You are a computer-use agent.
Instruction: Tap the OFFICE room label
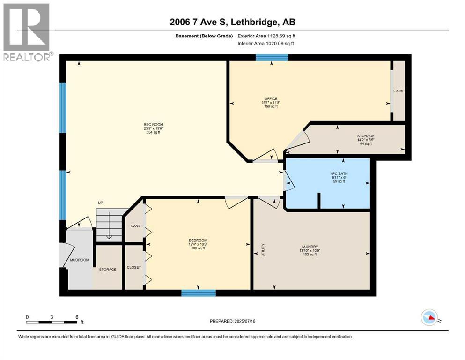tap(271, 99)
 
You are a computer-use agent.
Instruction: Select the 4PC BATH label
tap(339, 174)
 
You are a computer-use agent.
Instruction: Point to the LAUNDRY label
tap(310, 247)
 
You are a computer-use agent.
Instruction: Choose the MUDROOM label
tap(79, 260)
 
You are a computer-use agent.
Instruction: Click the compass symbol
tap(429, 317)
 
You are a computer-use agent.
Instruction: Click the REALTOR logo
tap(26, 32)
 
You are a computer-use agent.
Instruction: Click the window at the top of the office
tap(272, 58)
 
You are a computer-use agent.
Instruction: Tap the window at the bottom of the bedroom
tap(199, 293)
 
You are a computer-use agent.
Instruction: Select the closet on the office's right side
tap(399, 90)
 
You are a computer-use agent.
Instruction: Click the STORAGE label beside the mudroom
tap(107, 270)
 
